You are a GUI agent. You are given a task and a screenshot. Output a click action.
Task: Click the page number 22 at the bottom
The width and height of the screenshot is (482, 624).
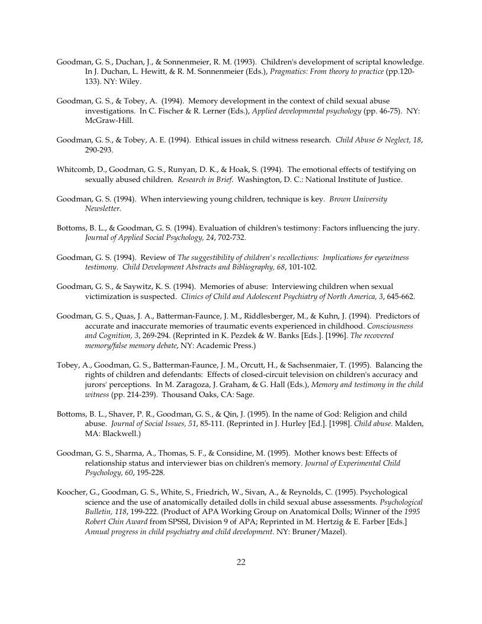pyautogui.click(x=241, y=562)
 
